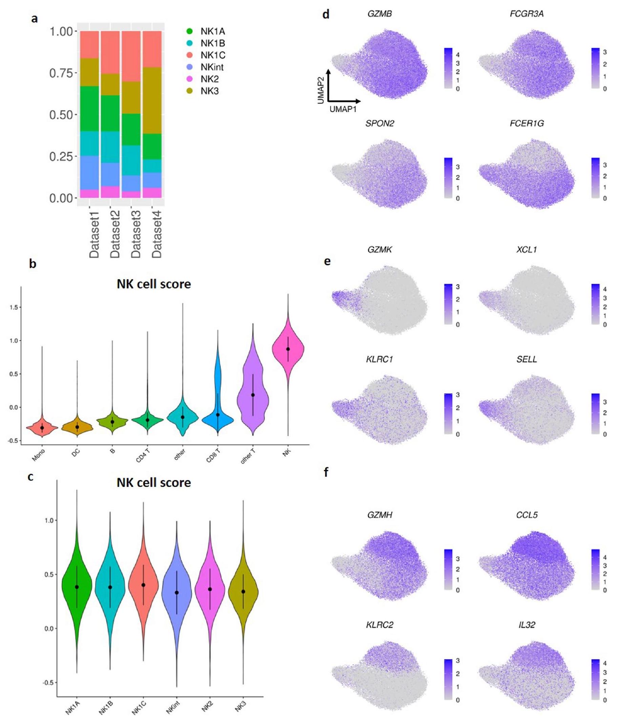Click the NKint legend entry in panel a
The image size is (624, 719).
tap(212, 67)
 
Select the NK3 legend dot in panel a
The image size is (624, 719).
tap(190, 91)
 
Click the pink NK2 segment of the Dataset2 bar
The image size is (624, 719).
tap(110, 192)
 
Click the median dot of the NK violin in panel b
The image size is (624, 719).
tap(288, 349)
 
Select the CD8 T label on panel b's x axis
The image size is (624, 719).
tap(213, 455)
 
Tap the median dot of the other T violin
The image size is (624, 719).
tap(253, 395)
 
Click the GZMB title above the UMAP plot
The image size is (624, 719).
tap(380, 14)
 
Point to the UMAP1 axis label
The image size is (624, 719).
tap(343, 110)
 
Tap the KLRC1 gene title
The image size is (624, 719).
tap(380, 359)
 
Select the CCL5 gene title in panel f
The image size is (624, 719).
tap(527, 515)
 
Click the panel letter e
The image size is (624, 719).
tap(327, 261)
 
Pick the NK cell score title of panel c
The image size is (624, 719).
tap(154, 483)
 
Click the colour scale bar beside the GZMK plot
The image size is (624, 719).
tap(448, 304)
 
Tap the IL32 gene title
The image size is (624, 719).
tap(527, 625)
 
